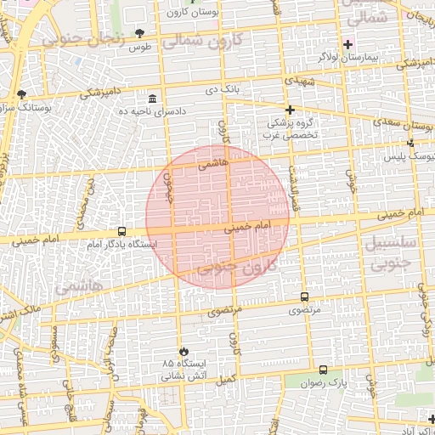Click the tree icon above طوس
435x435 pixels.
(139, 33)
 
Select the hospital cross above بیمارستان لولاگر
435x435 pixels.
(347, 44)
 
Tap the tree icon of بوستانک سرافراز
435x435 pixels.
(21, 94)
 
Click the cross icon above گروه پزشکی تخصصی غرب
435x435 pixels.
(290, 110)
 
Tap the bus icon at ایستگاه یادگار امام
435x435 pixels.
(121, 231)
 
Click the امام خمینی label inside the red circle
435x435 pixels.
(247, 228)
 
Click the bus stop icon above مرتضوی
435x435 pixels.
(304, 297)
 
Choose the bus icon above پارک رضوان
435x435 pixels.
(323, 370)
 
